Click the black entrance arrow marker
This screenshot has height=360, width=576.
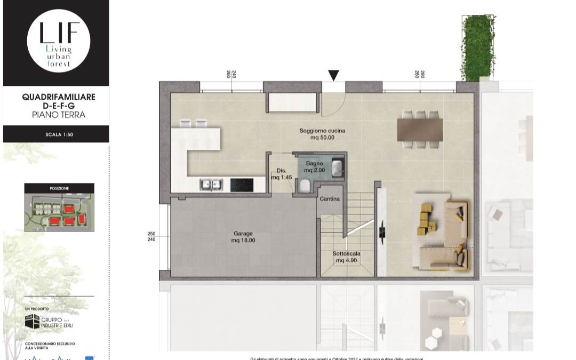[x=333, y=75]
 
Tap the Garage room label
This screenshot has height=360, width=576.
[x=243, y=237]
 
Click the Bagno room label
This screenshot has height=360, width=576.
[x=315, y=166]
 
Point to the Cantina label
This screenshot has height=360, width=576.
[x=330, y=199]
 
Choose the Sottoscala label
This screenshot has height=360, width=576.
[x=346, y=257]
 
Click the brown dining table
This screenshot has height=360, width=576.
[x=420, y=129]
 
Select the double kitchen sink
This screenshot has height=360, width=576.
[x=211, y=185]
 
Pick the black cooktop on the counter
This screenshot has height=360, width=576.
[x=242, y=185]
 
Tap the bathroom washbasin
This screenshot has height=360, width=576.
[x=338, y=167]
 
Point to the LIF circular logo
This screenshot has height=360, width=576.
[x=59, y=41]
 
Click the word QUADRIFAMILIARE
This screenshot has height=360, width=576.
[x=59, y=97]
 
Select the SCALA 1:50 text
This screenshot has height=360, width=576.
[x=59, y=134]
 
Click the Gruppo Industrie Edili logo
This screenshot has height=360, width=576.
[x=47, y=322]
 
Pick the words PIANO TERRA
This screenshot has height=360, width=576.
[x=59, y=115]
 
